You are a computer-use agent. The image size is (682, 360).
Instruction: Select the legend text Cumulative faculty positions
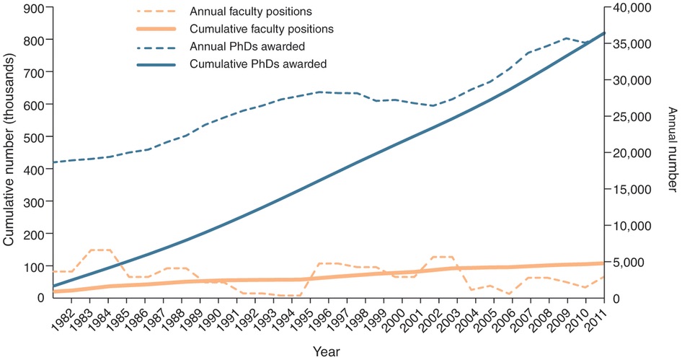pos(261,30)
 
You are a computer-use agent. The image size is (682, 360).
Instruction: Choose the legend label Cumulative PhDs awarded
pos(258,64)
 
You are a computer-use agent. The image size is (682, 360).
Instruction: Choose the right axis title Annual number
pos(671,153)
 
